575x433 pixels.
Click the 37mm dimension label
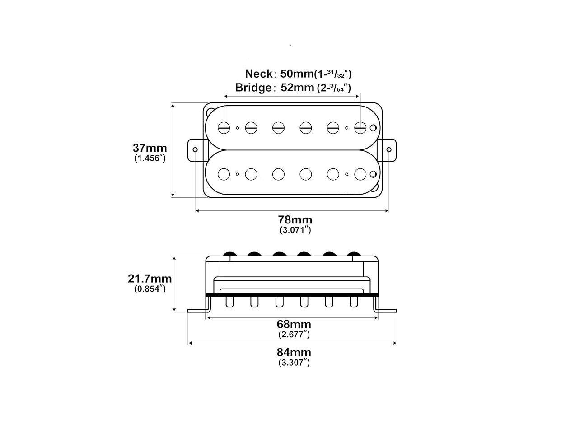pos(150,148)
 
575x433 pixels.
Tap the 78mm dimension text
pos(295,220)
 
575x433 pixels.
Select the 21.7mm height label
pos(150,279)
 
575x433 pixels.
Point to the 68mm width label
pos(294,324)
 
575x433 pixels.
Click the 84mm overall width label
pos(294,352)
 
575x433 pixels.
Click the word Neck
pos(259,74)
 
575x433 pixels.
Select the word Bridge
pos(253,88)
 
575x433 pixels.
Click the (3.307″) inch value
pos(294,363)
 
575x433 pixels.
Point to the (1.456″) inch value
pos(150,158)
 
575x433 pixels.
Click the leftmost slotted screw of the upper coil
pos(224,128)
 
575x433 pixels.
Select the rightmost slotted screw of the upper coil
pos(360,128)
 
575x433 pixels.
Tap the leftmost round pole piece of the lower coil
pos(224,174)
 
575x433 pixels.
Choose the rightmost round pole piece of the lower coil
pos(360,174)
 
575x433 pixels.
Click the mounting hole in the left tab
pos(195,150)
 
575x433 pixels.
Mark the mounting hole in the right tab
pos(389,150)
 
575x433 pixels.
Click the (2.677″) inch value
pos(294,335)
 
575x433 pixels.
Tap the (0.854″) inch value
pos(150,289)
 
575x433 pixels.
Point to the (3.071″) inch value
pos(295,230)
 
